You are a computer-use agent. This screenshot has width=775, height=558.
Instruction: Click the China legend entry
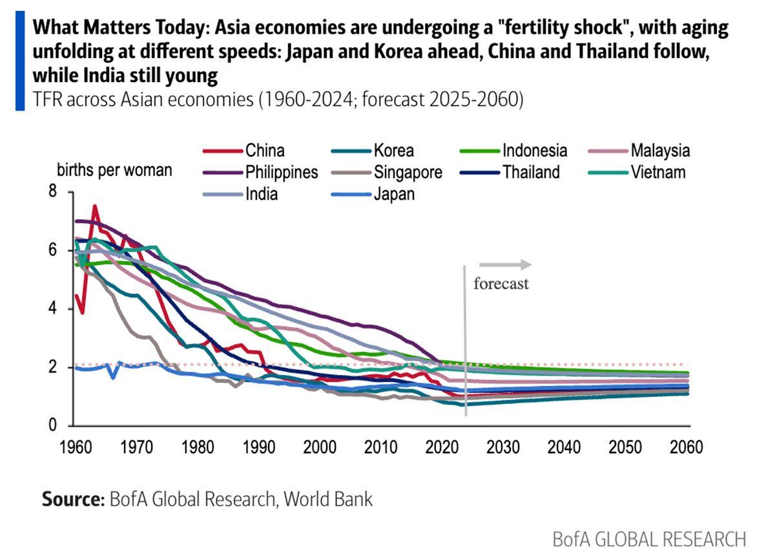[265, 151]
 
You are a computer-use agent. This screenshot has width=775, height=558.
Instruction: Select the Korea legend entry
[393, 151]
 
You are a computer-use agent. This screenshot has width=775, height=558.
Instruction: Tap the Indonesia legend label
[535, 151]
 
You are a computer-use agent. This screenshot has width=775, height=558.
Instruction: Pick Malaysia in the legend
[660, 151]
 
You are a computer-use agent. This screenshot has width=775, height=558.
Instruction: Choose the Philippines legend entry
[281, 172]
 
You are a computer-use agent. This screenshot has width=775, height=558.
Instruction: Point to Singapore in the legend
[408, 172]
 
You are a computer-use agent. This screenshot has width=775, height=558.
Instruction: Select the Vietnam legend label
[658, 172]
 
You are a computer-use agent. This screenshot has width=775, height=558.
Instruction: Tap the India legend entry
[262, 193]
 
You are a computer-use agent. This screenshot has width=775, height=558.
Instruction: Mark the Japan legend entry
[393, 193]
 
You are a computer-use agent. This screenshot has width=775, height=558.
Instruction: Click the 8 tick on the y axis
[52, 192]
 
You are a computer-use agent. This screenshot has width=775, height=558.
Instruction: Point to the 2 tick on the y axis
[52, 367]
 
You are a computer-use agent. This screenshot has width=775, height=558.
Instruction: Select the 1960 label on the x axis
[76, 447]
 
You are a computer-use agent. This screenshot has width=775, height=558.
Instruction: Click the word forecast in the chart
[501, 283]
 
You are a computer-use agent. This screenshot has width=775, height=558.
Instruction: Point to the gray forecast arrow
[505, 264]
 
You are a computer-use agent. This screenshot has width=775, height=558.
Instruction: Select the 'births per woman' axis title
[114, 171]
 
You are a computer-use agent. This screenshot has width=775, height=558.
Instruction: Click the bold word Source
[71, 499]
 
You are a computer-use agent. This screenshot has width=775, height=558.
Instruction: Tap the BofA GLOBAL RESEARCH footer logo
[649, 539]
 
